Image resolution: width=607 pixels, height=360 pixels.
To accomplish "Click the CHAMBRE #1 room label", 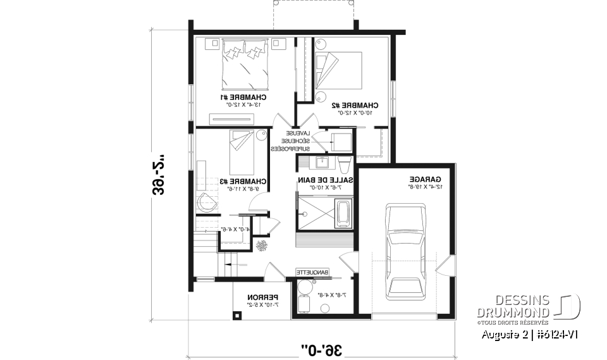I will [x=243, y=97].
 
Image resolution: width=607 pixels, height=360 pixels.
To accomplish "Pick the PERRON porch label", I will [x=259, y=297].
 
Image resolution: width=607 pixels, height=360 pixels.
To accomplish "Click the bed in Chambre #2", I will [x=339, y=71].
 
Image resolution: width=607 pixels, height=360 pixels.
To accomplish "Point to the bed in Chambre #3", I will [x=242, y=152].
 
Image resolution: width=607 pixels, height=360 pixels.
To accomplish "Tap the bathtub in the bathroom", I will [x=343, y=214].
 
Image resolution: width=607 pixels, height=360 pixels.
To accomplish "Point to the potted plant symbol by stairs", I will [x=262, y=245].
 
